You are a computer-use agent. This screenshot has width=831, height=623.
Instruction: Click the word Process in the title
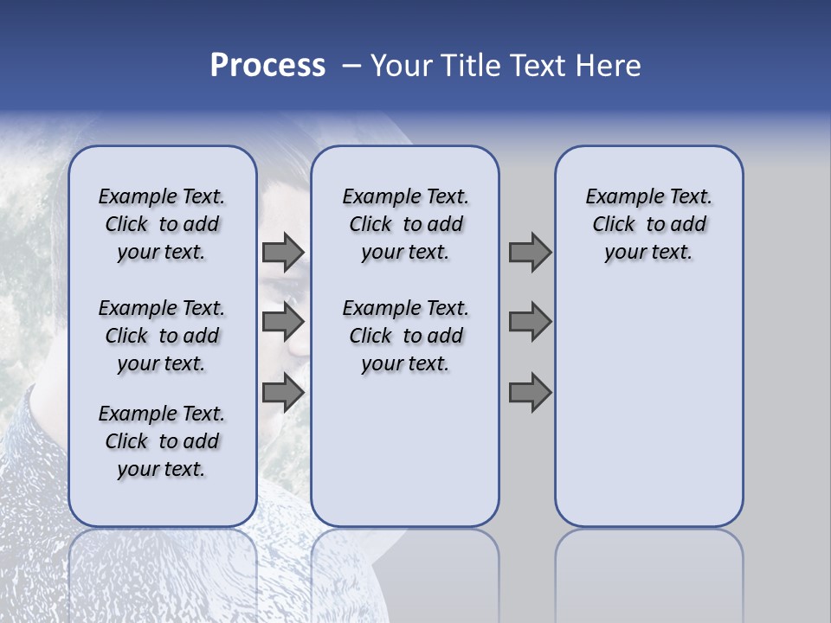point(267,66)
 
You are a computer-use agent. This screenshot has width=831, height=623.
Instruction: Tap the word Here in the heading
point(609,66)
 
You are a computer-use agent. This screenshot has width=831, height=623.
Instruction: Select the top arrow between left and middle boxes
point(283,253)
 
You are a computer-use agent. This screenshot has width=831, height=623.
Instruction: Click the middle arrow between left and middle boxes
point(283,322)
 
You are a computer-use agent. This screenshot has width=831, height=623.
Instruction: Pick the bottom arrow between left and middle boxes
point(283,392)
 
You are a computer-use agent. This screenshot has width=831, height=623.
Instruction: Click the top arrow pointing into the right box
point(530,253)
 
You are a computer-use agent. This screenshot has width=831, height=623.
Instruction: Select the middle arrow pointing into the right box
point(530,322)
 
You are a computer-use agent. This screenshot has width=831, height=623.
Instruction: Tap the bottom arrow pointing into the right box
point(530,392)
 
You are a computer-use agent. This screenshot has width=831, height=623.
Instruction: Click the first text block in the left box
point(162,224)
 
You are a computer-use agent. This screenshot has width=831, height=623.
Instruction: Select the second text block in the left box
point(162,336)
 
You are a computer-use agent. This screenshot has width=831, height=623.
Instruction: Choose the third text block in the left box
point(162,441)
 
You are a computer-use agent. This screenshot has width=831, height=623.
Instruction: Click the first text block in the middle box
point(405,224)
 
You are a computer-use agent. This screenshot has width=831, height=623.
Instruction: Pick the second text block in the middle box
point(405,336)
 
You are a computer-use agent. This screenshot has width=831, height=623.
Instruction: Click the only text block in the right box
point(648,224)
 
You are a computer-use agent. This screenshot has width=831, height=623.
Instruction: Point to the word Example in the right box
point(618,196)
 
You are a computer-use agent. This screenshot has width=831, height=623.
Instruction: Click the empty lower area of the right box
point(648,407)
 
